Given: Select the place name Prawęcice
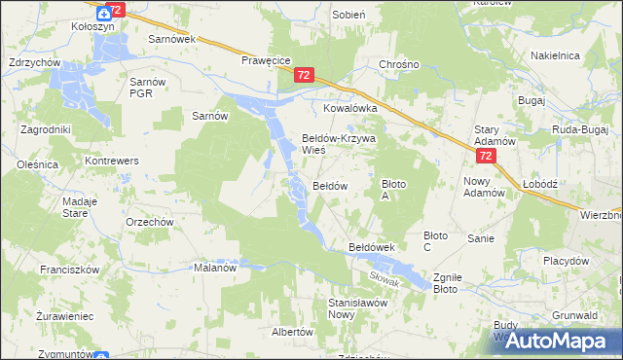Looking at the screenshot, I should click(x=267, y=60).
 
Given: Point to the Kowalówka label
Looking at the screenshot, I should click(x=356, y=109).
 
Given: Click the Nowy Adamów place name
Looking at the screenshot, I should click(x=484, y=187).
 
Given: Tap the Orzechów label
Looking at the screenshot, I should click(x=149, y=221).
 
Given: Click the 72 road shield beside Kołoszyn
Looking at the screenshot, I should click(x=116, y=10).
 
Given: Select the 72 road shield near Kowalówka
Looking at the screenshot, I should click(x=305, y=75).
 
